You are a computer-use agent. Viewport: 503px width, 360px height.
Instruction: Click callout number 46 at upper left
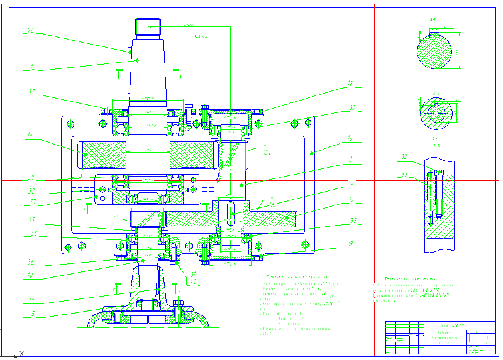click(x=30, y=30)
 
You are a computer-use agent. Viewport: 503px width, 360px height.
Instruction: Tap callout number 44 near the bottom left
click(x=30, y=299)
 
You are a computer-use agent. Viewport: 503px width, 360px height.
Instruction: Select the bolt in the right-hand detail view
click(x=431, y=196)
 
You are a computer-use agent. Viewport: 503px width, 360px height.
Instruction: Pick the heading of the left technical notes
click(x=298, y=276)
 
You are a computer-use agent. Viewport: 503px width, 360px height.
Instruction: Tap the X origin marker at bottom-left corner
click(x=21, y=354)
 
